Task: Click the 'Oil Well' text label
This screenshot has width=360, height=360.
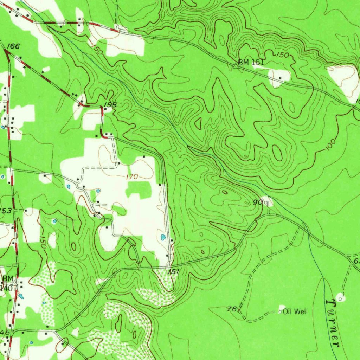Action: click(x=296, y=311)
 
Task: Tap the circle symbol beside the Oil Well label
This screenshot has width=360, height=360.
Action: click(x=280, y=312)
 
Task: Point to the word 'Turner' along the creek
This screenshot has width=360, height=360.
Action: click(x=333, y=323)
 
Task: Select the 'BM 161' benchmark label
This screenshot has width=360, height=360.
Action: click(x=251, y=63)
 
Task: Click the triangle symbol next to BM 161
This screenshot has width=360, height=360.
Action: click(x=236, y=66)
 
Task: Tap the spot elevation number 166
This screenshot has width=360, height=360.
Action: click(x=13, y=46)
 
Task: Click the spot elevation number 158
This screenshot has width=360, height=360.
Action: click(x=110, y=105)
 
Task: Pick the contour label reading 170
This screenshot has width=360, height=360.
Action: click(x=132, y=177)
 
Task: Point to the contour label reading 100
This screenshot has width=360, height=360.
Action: click(x=330, y=144)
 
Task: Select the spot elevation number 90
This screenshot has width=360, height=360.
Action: click(x=258, y=202)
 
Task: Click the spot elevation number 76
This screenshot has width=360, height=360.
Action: click(x=231, y=309)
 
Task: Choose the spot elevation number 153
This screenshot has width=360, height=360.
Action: click(x=6, y=211)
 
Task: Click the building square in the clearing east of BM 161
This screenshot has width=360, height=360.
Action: click(x=280, y=78)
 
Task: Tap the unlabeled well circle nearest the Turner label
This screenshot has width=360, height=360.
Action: click(x=340, y=298)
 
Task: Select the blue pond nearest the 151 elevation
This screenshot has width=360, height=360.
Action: click(x=163, y=238)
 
